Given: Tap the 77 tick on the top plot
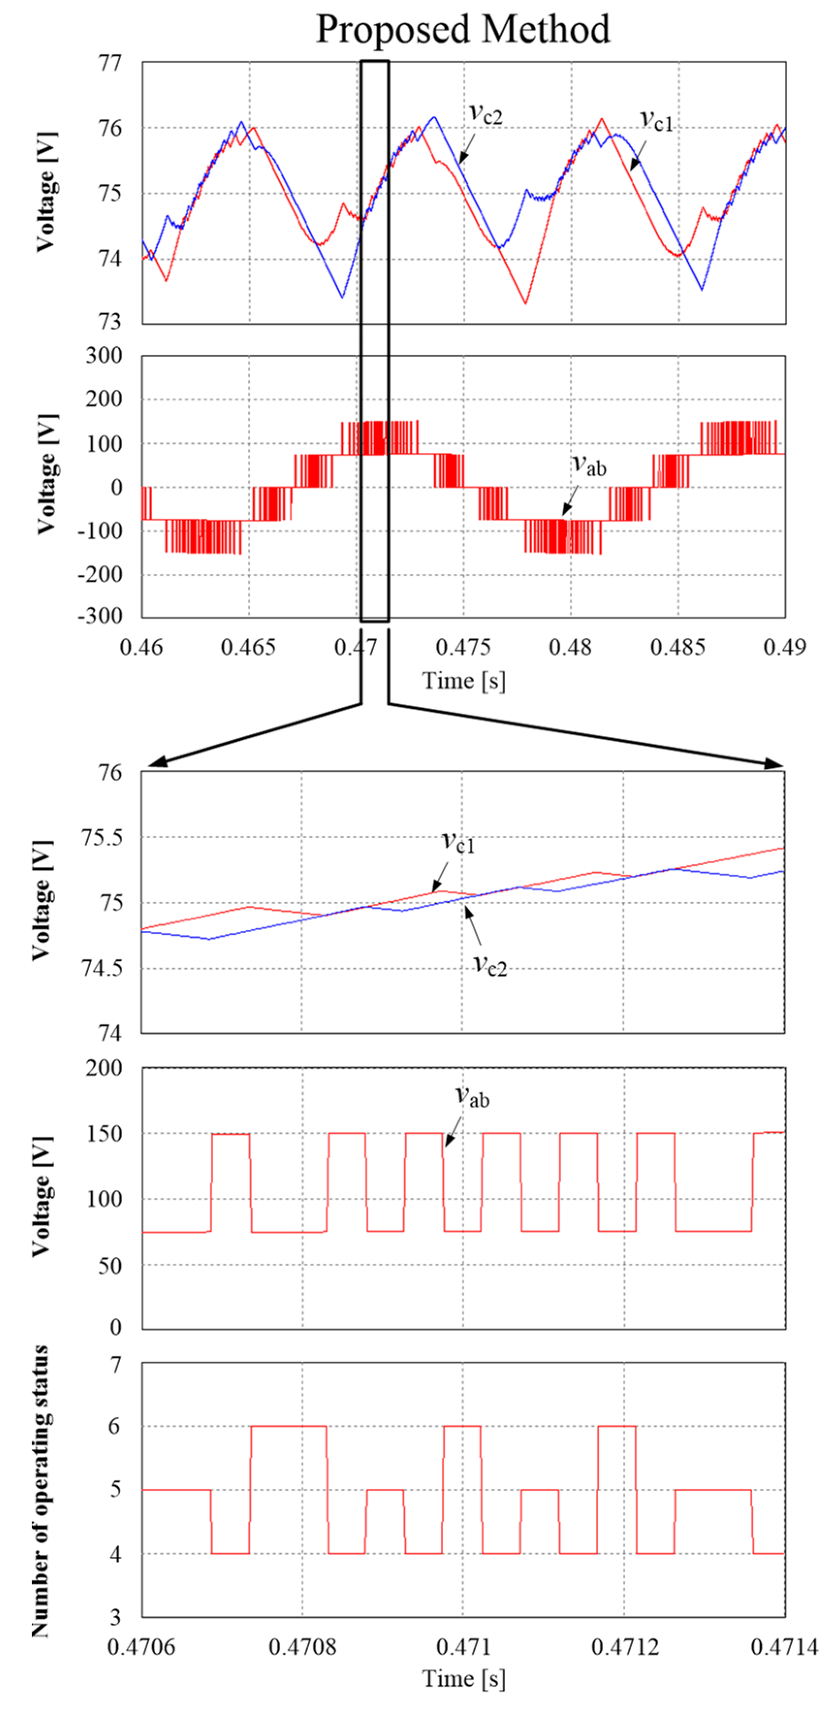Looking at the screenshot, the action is click(x=110, y=63).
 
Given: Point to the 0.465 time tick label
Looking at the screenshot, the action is click(x=248, y=647).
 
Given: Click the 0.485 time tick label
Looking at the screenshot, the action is click(x=677, y=647).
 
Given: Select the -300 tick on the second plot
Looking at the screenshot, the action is click(x=100, y=616).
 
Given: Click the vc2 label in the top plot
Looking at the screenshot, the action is click(x=486, y=114).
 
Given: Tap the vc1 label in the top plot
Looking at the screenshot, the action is click(x=656, y=121).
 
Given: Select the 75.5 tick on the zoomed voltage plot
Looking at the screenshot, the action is click(x=102, y=837).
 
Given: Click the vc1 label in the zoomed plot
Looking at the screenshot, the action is click(x=458, y=842).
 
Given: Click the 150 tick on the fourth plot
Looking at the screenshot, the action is click(x=104, y=1134).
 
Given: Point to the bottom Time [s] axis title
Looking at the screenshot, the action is click(x=463, y=1679).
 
